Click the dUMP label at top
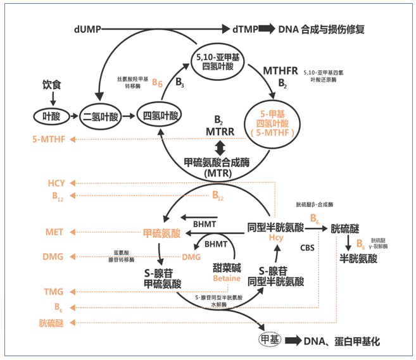[86, 29]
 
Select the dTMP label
[244, 29]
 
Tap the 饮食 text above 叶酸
[53, 84]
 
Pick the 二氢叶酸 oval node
[101, 116]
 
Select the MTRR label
[220, 132]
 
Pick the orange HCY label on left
[56, 183]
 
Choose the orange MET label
[54, 232]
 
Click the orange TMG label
[54, 292]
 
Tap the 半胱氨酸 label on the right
[358, 259]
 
